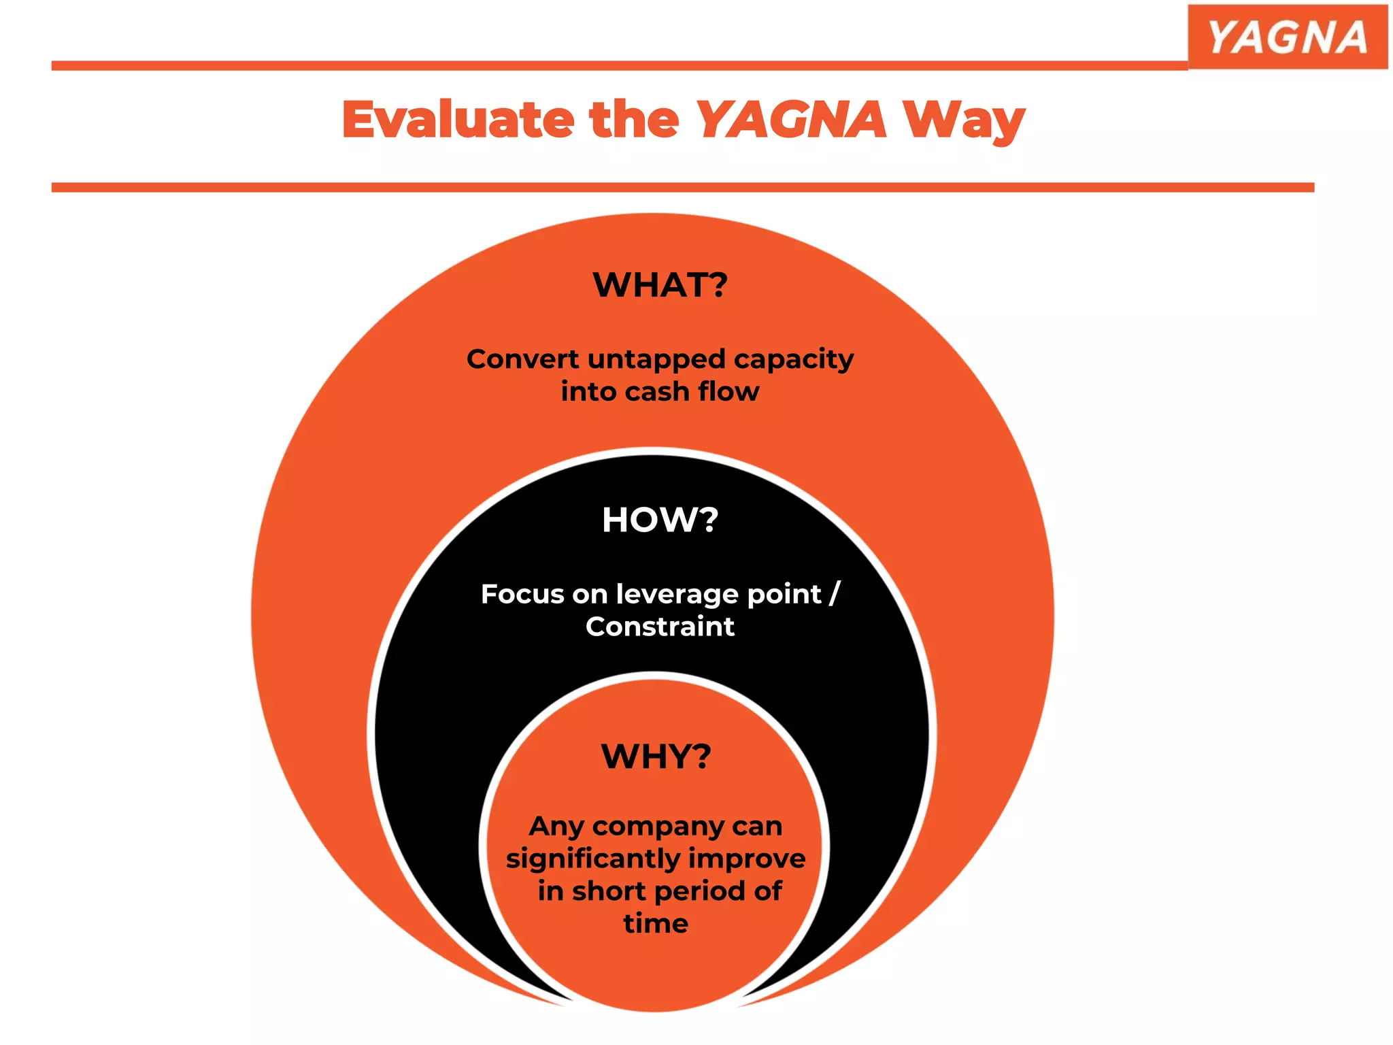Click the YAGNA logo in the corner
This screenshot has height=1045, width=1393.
(x=1287, y=37)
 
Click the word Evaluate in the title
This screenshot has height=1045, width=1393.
(x=458, y=120)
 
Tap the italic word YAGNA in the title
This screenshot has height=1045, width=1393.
(x=791, y=120)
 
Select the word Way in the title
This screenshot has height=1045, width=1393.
(x=964, y=121)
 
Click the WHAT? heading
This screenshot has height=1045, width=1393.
(x=660, y=284)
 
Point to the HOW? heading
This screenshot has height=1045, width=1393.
(x=660, y=520)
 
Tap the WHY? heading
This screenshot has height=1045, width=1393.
(x=656, y=756)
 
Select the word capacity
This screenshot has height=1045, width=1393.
(x=794, y=360)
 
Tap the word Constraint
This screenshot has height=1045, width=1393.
(x=660, y=627)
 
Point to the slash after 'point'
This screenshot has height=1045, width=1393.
(x=835, y=594)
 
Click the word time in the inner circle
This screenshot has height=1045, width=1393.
(x=656, y=924)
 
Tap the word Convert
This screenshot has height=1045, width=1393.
(x=522, y=359)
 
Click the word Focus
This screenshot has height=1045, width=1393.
(x=522, y=595)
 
